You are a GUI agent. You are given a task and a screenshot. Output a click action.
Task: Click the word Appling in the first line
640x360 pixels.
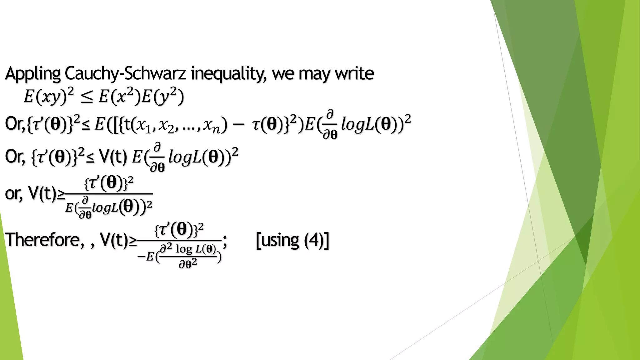coord(32,74)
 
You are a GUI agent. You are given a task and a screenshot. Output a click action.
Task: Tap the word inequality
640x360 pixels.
coord(228,74)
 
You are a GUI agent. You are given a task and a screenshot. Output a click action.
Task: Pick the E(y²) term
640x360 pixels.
coord(162,96)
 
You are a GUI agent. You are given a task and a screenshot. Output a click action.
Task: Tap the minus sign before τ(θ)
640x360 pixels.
coord(238,125)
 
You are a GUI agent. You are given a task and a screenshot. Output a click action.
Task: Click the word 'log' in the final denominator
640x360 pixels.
coord(184,249)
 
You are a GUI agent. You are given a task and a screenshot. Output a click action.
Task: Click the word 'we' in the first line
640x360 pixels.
coord(283,74)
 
